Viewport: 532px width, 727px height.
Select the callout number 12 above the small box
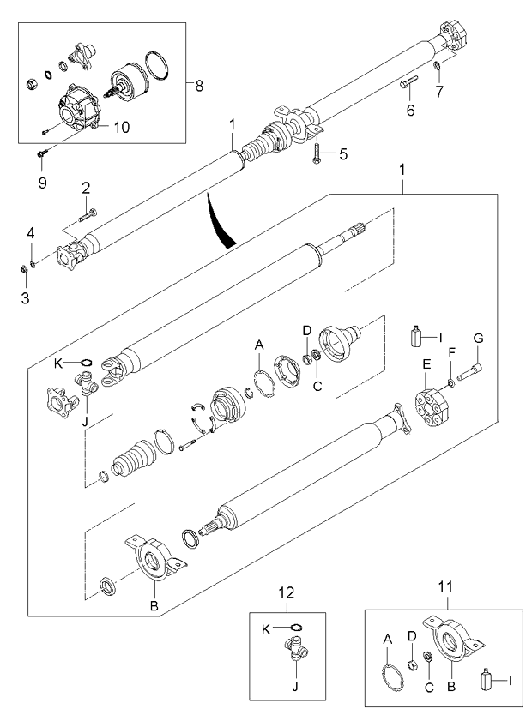tap(286, 592)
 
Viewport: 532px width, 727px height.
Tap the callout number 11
tap(444, 587)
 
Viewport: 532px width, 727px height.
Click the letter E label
tap(426, 363)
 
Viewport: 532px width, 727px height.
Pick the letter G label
tap(477, 339)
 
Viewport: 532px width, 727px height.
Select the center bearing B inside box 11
tap(451, 642)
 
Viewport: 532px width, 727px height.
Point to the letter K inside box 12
tap(267, 628)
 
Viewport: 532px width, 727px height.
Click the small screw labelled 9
tap(40, 153)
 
